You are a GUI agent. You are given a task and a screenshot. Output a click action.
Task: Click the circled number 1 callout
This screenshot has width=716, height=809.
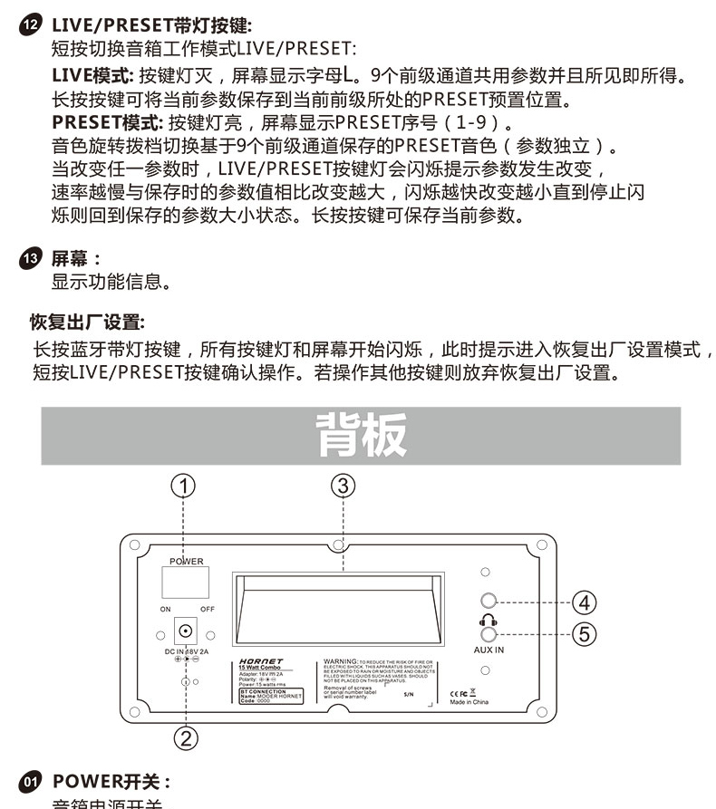(x=185, y=486)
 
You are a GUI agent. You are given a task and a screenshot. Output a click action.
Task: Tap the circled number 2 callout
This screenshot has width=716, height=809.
(x=186, y=738)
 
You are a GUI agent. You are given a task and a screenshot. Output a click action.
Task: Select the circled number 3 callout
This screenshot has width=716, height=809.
(x=342, y=486)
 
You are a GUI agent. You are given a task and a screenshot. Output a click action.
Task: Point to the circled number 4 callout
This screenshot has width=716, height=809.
(x=585, y=602)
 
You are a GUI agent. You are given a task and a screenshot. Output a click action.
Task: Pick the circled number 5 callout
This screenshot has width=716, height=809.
(x=585, y=634)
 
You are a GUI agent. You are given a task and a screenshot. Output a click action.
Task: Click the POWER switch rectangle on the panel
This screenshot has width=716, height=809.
(x=186, y=583)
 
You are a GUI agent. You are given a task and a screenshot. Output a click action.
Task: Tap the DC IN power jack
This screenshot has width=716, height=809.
(x=186, y=632)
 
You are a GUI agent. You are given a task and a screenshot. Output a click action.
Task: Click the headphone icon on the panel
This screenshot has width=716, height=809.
(x=489, y=619)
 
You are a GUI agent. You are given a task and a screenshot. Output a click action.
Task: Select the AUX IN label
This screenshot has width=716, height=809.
(x=489, y=650)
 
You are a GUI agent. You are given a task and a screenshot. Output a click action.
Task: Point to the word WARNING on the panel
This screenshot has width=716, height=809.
(x=341, y=662)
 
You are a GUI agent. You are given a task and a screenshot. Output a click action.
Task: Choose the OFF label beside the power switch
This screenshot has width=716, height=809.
(x=208, y=610)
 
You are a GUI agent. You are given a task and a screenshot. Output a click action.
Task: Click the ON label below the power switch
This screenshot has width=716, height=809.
(x=165, y=610)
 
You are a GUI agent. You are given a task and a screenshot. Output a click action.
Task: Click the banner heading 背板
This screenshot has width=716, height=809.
(x=361, y=436)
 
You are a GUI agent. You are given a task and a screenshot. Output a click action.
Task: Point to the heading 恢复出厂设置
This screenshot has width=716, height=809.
(x=87, y=323)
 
